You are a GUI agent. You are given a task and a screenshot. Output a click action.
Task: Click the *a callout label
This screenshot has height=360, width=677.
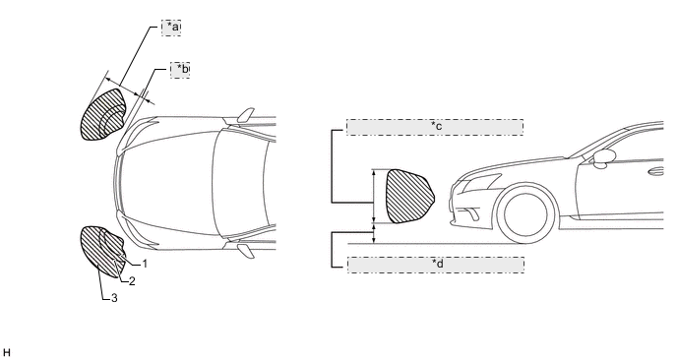tap(171, 28)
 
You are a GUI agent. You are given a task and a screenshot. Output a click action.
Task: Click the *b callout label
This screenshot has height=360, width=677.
tap(180, 70)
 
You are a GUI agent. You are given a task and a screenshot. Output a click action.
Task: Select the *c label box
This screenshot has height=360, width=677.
tap(435, 127)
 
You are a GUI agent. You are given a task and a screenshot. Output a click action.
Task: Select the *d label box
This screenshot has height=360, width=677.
tap(436, 265)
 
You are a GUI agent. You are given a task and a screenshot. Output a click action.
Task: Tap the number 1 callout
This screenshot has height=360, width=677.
tap(145, 264)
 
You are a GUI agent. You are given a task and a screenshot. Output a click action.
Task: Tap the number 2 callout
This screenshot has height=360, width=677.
tap(132, 281)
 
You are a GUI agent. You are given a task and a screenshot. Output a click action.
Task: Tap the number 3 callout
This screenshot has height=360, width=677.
tap(114, 298)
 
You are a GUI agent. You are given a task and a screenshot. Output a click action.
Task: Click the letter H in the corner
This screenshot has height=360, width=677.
tap(7, 353)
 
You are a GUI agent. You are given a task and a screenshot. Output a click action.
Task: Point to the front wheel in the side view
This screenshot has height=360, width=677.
tap(525, 213)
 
